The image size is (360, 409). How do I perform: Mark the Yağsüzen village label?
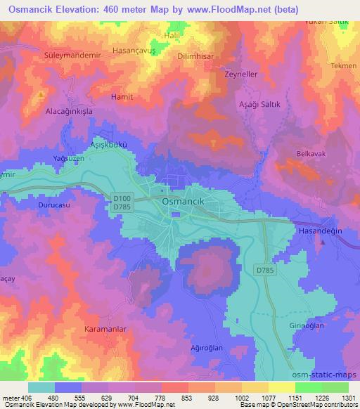tap(69, 159)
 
